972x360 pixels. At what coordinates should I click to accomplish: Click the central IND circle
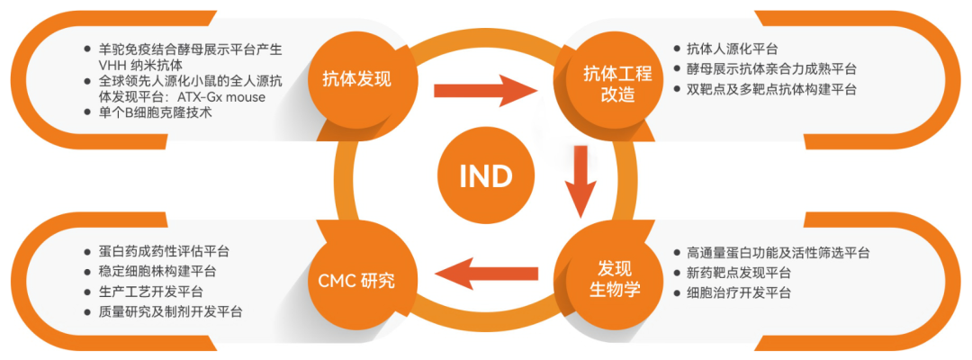pos(485,176)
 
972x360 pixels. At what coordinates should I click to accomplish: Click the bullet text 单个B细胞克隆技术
pos(155,112)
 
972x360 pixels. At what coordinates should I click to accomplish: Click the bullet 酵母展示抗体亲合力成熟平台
pos(770,68)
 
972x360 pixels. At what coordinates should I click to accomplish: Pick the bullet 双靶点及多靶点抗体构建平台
pos(770,89)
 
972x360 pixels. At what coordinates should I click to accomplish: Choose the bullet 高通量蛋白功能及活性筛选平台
pos(778,253)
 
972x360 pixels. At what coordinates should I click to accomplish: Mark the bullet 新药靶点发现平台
pos(738,273)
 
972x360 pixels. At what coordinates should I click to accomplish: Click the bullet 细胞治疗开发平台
pos(738,292)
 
